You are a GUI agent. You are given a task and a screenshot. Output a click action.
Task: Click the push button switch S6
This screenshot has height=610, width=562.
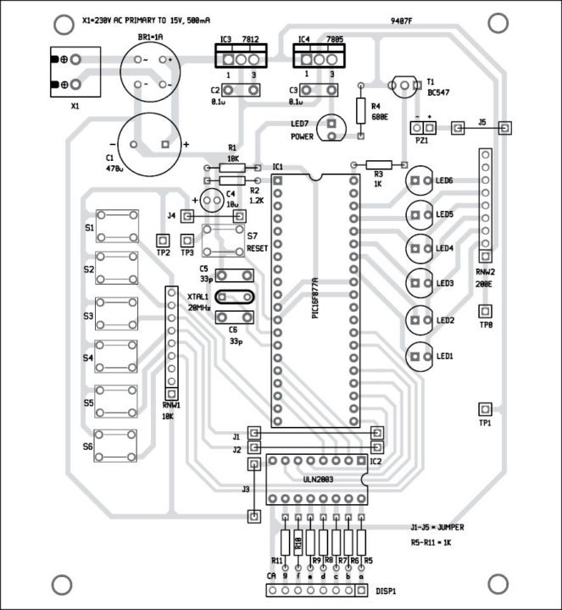118,445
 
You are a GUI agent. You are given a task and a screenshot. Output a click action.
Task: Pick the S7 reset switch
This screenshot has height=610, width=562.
225,242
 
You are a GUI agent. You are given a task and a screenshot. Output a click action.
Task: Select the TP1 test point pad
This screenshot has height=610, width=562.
485,408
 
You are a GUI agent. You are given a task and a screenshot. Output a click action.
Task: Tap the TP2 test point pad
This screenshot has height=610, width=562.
163,240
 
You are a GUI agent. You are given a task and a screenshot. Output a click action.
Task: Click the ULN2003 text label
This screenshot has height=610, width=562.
316,480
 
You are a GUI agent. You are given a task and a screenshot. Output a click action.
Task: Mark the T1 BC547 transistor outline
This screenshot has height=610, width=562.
404,85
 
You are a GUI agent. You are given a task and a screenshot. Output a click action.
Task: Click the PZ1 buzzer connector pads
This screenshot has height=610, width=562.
423,128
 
